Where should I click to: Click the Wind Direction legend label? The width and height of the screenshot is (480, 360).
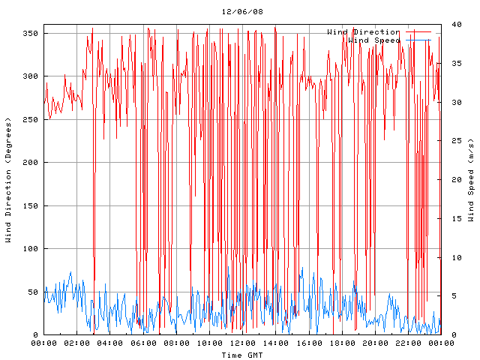[x=364, y=32]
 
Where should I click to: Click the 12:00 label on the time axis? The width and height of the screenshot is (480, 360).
[x=242, y=343]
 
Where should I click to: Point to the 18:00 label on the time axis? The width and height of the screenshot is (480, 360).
[x=341, y=343]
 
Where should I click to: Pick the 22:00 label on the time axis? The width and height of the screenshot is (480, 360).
[x=407, y=343]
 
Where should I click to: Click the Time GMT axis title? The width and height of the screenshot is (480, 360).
[x=241, y=354]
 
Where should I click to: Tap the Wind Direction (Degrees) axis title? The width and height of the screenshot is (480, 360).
[x=9, y=180]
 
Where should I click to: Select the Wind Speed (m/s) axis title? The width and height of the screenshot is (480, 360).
[x=471, y=180]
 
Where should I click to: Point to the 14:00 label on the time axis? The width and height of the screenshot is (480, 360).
[x=275, y=343]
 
